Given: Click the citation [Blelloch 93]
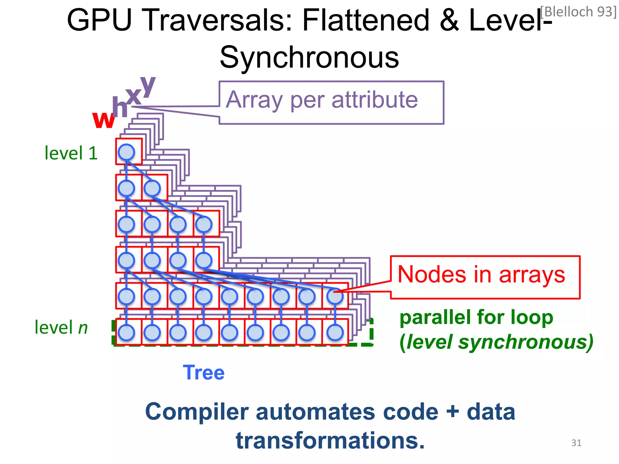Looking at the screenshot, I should (x=578, y=12).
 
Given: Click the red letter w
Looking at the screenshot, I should (x=103, y=120).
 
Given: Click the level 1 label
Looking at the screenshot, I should (x=71, y=153).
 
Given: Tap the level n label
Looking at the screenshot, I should (x=61, y=327).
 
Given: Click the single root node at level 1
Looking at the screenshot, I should (x=126, y=152).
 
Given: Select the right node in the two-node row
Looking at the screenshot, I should (x=152, y=188).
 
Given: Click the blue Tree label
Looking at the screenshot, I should (x=203, y=372).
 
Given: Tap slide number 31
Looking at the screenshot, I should (x=576, y=443).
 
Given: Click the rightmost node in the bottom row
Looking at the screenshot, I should (x=335, y=332).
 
